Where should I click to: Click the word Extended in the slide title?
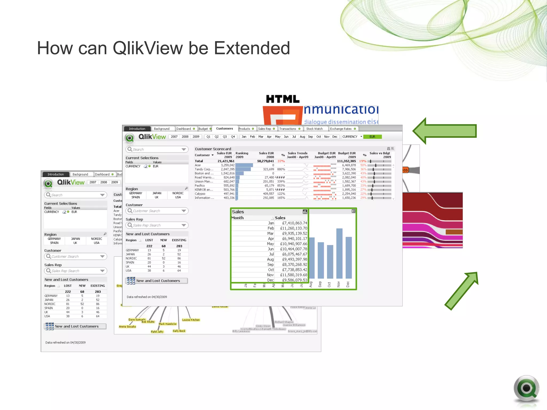pos(252,48)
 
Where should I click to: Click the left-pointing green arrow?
pos(444,131)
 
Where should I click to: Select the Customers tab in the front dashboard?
pos(224,129)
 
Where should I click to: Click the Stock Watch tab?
pos(314,129)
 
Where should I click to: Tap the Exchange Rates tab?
pos(341,129)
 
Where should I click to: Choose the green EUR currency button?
pos(372,137)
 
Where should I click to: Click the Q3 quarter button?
pos(225,137)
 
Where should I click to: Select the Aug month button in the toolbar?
pos(302,137)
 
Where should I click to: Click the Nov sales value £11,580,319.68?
pos(294,275)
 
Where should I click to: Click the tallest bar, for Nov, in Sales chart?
pos(339,254)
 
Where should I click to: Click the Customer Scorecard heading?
pos(213,149)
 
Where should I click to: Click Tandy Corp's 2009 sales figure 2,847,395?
pos(228,169)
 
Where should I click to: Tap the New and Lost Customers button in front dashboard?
pos(157,281)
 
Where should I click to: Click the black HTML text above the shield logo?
pos(283,99)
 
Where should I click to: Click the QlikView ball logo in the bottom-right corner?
pos(526,388)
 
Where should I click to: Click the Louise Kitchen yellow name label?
pos(191,320)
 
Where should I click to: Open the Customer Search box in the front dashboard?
pos(157,211)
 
